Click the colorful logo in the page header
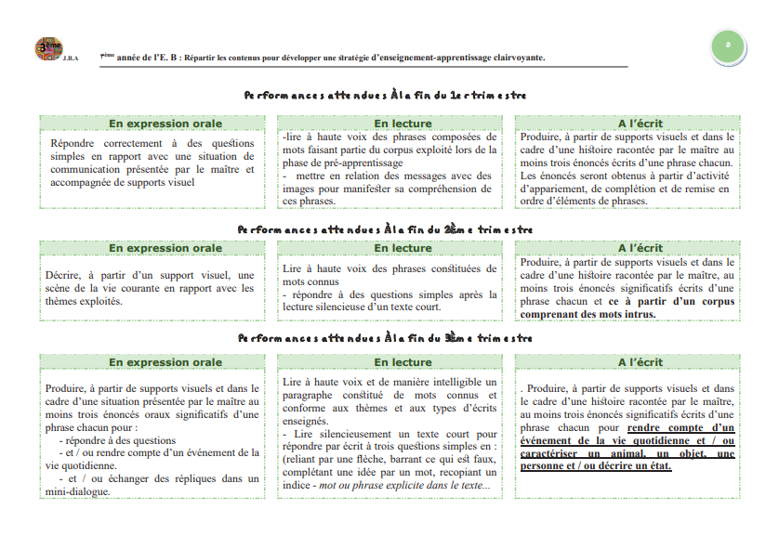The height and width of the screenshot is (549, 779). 48,47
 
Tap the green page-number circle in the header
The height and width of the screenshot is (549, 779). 728,44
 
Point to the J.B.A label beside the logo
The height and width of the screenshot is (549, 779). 72,59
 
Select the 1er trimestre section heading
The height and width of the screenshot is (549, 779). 385,95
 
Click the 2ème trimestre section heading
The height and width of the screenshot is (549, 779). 385,229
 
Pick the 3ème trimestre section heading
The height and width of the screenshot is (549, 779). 385,338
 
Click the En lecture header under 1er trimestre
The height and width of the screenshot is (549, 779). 403,124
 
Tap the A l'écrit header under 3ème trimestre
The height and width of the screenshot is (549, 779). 640,362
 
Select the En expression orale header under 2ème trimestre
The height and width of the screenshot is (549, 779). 165,248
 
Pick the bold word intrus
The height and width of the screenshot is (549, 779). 640,314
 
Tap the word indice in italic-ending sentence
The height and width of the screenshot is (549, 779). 298,485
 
